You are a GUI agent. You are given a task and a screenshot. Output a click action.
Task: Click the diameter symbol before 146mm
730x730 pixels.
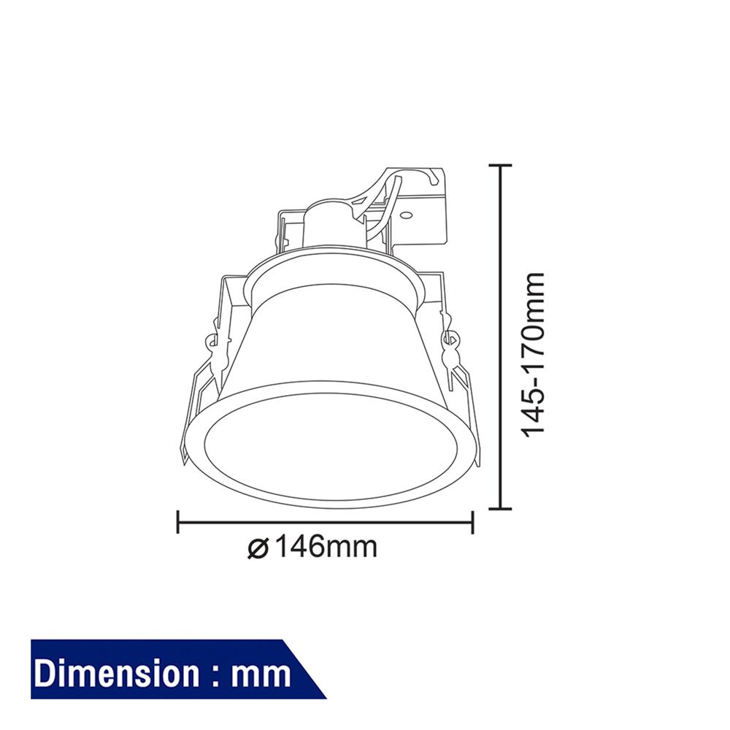coord(259,547)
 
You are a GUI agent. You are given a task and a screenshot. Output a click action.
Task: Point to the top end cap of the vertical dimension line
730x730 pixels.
coord(499,166)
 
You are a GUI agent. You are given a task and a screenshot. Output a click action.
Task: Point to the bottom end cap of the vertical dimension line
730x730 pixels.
coord(499,508)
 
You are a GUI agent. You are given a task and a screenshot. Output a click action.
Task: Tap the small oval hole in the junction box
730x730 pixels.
coord(406,216)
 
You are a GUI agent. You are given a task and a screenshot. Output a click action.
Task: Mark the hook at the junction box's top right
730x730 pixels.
coord(436,174)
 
